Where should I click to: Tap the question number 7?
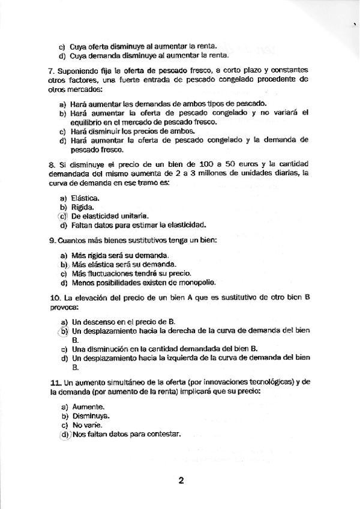[50, 70]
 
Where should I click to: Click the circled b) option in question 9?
[62, 264]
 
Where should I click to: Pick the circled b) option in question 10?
[62, 330]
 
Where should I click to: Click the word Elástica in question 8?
[85, 197]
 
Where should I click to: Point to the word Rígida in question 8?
[83, 207]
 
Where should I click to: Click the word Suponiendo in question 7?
[76, 70]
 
